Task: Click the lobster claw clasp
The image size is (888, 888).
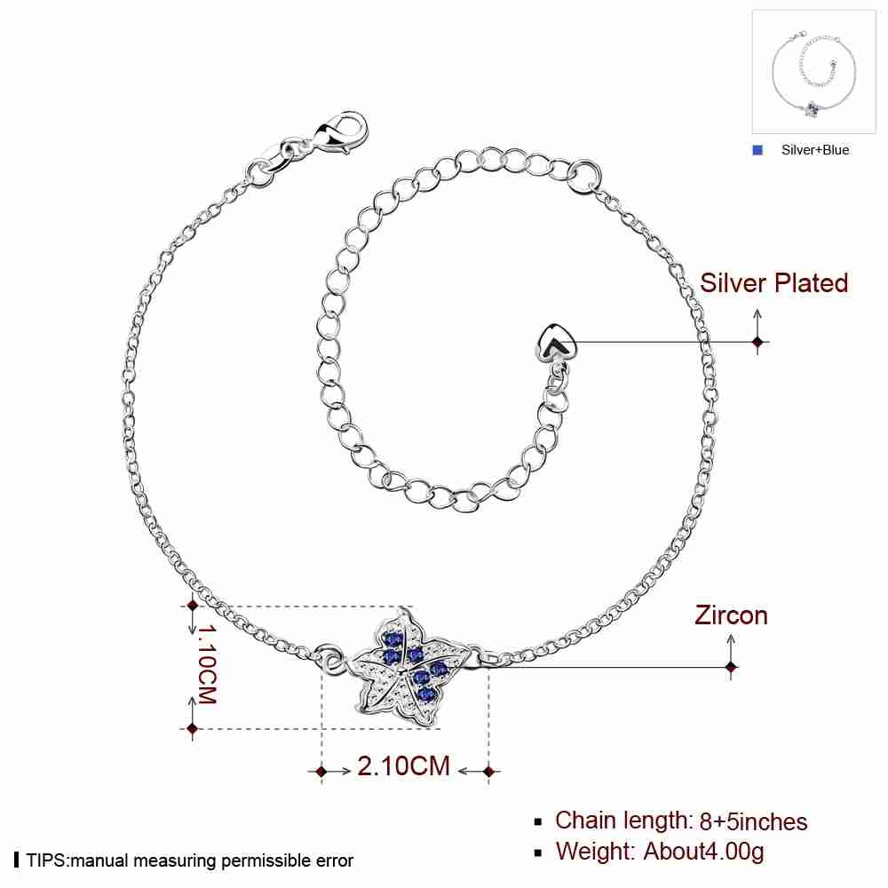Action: [342, 134]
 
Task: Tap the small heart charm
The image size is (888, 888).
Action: [556, 344]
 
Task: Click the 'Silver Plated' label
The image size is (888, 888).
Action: [773, 282]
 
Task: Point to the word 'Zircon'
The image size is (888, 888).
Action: [731, 615]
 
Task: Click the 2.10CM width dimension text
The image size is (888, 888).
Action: [403, 766]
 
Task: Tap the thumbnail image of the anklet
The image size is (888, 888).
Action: [813, 72]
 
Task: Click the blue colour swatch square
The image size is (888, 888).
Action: [757, 150]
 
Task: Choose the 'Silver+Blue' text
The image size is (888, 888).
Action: [815, 150]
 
